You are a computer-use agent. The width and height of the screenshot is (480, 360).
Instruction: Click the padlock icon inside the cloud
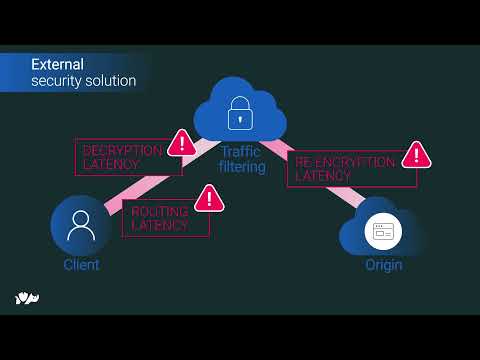tap(240, 113)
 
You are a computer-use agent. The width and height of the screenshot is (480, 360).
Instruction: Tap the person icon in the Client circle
tap(81, 225)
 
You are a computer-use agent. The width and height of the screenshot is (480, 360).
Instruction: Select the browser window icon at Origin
tap(383, 231)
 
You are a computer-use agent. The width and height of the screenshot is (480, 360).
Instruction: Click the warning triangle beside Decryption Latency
tap(182, 143)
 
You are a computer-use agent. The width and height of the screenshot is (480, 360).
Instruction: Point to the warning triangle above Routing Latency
tap(209, 198)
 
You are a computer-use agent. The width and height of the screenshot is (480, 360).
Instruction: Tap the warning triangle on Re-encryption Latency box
tap(416, 155)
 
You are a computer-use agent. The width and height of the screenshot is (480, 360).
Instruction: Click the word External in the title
tap(57, 64)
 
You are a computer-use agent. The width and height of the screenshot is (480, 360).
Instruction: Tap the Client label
tap(81, 265)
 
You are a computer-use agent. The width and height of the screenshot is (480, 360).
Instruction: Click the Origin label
tap(384, 265)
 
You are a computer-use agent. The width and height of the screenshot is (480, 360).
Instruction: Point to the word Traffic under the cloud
tap(241, 152)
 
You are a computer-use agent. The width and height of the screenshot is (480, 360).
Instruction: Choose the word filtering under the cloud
tap(242, 167)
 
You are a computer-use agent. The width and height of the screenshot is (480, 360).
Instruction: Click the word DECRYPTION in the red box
tap(123, 150)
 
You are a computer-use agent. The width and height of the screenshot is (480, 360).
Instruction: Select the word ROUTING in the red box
tap(160, 212)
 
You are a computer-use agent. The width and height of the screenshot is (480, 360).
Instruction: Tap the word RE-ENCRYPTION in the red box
tap(345, 162)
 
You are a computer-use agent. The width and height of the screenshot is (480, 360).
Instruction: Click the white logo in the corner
tap(27, 298)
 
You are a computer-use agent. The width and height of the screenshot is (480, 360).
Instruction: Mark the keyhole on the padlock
tap(240, 119)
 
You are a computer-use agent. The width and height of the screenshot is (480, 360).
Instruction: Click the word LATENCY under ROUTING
tap(159, 226)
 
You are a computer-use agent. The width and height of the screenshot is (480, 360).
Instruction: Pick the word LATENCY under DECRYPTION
tap(111, 164)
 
